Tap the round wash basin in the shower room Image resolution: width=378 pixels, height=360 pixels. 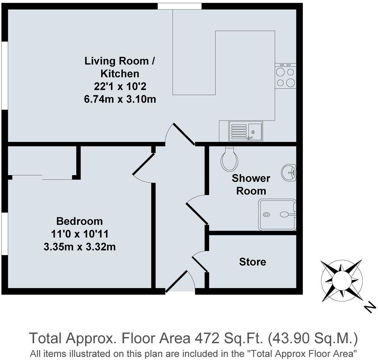click(289, 172)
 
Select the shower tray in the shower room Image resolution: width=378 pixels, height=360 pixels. click(277, 215)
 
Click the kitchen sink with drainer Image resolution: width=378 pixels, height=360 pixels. click(246, 131)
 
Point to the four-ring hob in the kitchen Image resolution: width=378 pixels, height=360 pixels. click(286, 76)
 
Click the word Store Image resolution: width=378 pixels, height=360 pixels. click(252, 262)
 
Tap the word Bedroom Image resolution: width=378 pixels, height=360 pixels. click(80, 221)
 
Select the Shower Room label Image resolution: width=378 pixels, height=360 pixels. click(251, 184)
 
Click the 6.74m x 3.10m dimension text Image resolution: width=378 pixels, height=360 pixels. click(120, 99)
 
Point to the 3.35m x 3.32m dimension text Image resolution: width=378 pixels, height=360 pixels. click(80, 247)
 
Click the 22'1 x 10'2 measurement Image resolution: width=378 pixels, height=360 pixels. click(120, 86)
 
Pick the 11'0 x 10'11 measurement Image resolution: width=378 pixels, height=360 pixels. click(80, 234)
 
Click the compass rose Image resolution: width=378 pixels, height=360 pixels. click(342, 281)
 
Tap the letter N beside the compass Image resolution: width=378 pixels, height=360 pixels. click(370, 308)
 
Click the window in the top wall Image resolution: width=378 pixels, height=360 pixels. click(180, 6)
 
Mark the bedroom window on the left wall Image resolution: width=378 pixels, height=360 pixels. click(5, 234)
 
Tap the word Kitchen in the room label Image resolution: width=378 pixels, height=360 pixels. click(120, 74)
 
